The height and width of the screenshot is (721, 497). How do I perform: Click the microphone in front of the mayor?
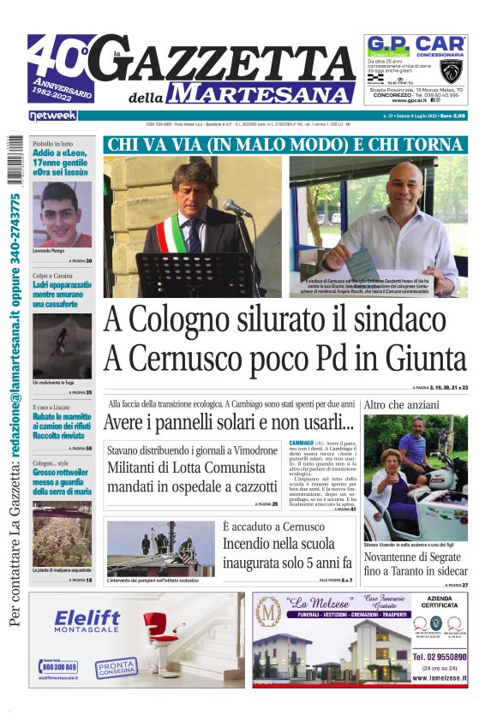tap(237, 208)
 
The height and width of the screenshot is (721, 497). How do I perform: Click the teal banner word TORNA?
tap(432, 145)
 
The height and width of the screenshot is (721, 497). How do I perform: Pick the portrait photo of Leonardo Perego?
tap(62, 213)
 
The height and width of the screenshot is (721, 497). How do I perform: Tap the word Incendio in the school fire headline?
tap(251, 543)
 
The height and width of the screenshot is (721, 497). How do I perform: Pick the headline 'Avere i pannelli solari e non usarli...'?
tap(229, 422)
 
